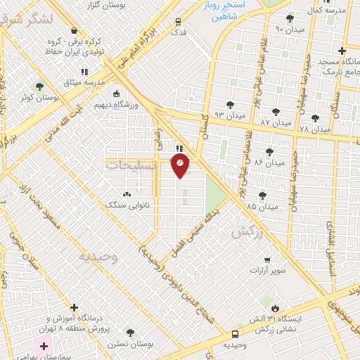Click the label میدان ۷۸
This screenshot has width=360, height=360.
[x=314, y=129]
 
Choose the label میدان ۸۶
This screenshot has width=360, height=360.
[x=269, y=162]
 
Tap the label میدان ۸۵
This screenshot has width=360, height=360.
[x=262, y=206]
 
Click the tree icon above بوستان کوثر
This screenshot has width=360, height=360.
[x=39, y=87]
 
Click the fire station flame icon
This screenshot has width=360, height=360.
[x=275, y=307]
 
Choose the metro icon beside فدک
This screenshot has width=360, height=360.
[x=177, y=20]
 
